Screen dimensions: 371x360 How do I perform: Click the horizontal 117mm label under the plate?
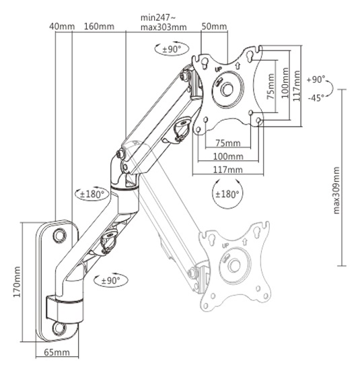pos(227,170)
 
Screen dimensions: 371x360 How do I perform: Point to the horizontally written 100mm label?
pos(227,156)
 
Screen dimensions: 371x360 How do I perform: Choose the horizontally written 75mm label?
pos(227,143)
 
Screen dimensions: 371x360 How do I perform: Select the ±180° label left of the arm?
pos(92,194)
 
